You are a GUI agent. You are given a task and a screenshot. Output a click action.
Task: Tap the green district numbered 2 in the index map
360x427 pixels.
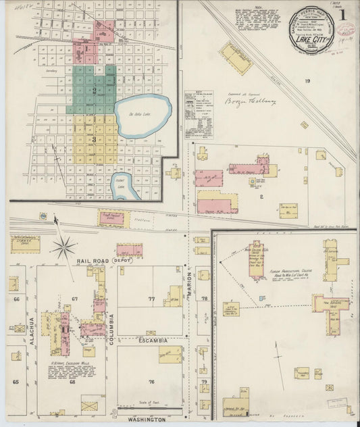click(95, 91)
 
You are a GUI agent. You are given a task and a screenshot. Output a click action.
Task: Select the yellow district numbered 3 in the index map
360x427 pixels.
click(95, 139)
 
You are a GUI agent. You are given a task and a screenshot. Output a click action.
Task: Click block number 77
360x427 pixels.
click(151, 298)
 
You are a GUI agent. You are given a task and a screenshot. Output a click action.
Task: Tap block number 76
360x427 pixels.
click(151, 382)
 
